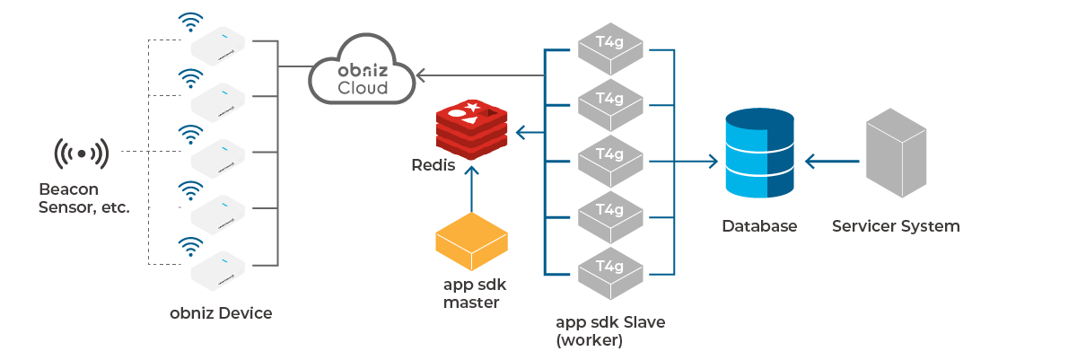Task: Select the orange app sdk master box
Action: pos(471,242)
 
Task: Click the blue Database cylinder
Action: pos(760,154)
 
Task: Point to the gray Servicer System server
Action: pos(896,154)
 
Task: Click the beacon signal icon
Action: pos(81,154)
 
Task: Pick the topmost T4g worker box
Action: pos(610,50)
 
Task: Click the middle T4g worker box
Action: pos(610,162)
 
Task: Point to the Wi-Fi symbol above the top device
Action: pos(189,22)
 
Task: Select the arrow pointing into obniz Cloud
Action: pos(431,75)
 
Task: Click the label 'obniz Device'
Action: pos(221,313)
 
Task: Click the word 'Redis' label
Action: pos(433,166)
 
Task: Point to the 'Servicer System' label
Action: pos(895,226)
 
